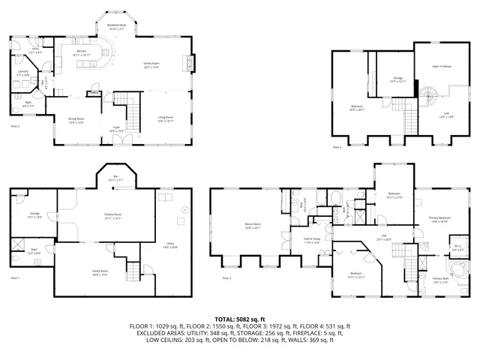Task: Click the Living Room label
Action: point(166,117)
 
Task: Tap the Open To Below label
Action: point(442,67)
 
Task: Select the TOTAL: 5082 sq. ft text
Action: point(240,319)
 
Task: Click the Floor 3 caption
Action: point(226,278)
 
